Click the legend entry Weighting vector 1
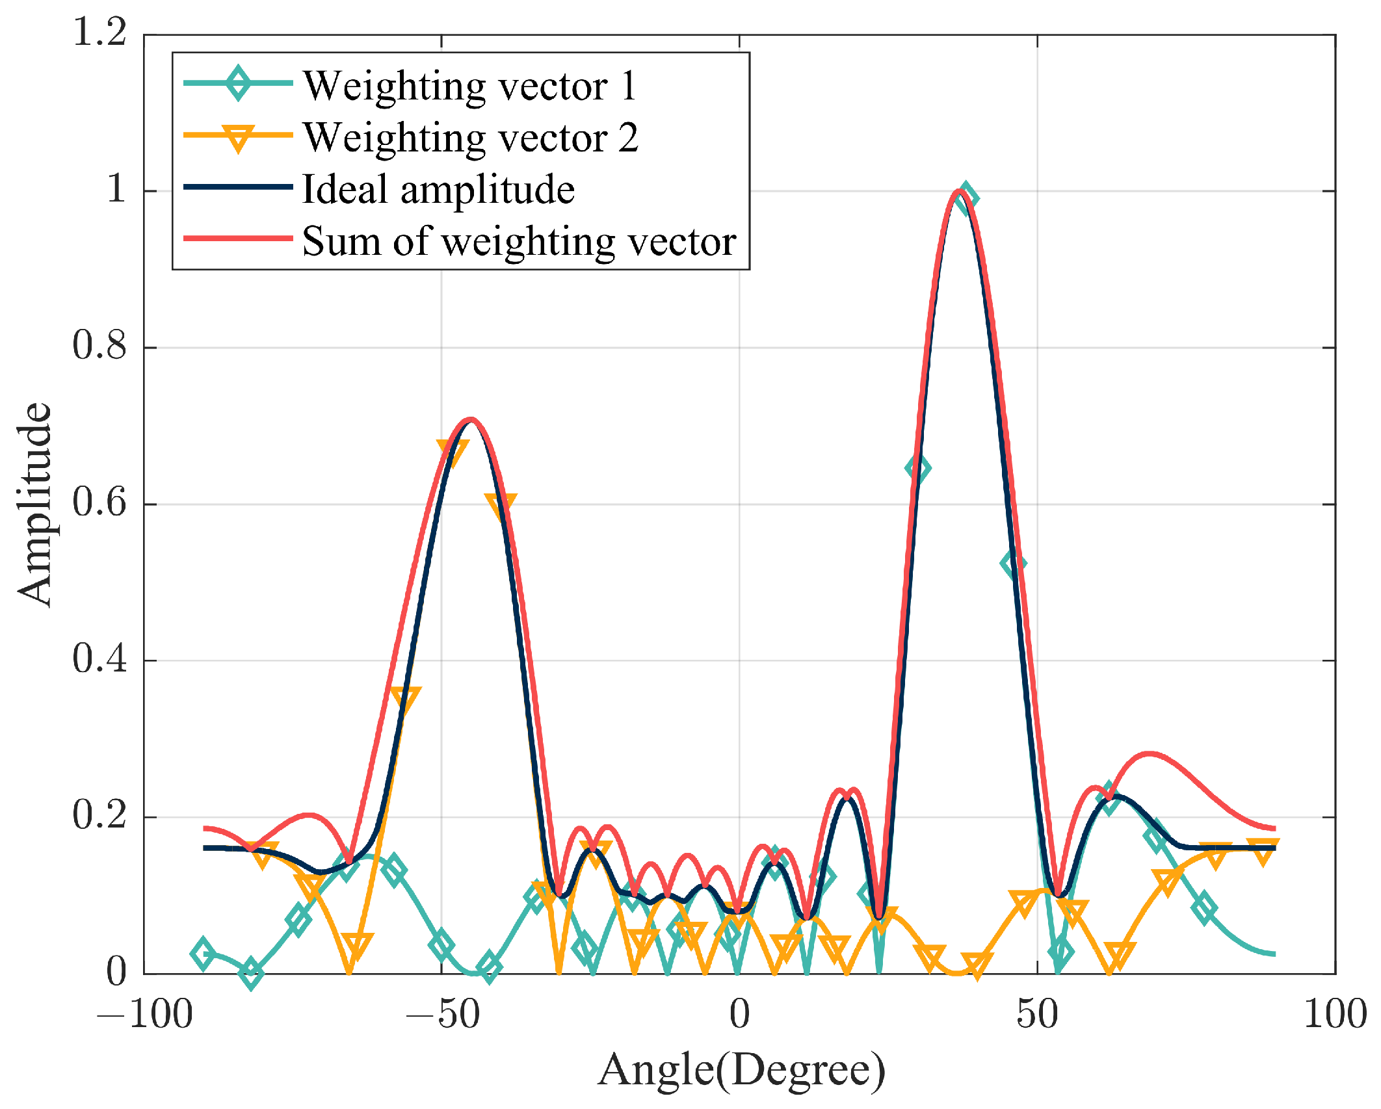coord(469,85)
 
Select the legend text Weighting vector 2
coord(471,137)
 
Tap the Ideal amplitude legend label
coord(438,189)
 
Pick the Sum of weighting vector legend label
coord(519,241)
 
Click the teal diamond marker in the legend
coord(239,83)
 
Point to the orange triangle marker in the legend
coord(239,137)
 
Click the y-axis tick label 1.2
coord(99,31)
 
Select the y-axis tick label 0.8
coord(99,345)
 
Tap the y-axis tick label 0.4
coord(99,659)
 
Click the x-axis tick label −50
coord(442,1015)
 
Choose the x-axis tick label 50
coord(1037,1015)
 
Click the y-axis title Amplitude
coord(34,504)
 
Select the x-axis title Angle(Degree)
coord(741,1070)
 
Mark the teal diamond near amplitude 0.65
coord(917,468)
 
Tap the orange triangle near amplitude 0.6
coord(501,504)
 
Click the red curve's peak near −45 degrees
coord(470,420)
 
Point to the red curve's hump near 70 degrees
coord(1150,754)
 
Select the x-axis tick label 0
coord(739,1015)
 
